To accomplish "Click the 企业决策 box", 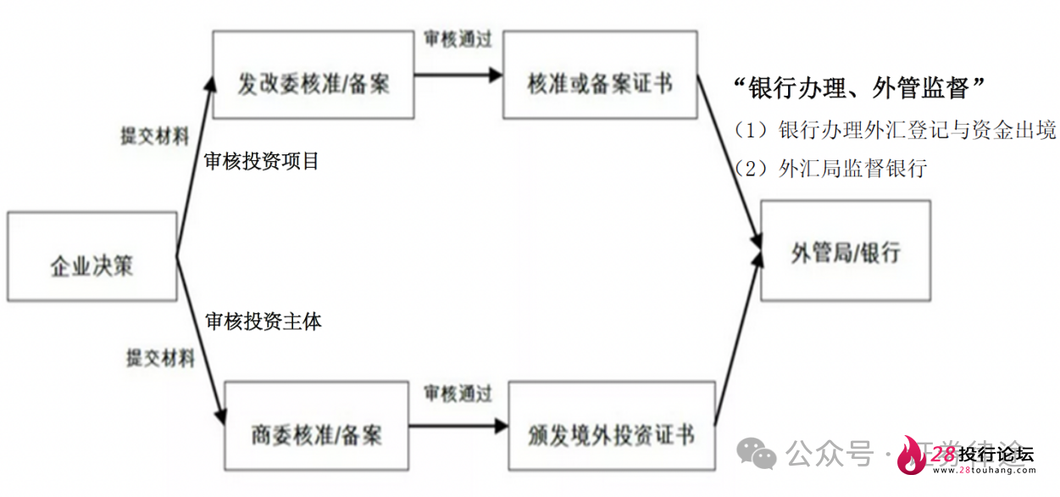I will (92, 256).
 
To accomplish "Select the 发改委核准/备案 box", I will (314, 75).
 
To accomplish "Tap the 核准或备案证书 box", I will (600, 75).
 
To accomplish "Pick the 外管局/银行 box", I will (845, 250).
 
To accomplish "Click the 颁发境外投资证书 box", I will (611, 426).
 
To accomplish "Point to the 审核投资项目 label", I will (262, 161).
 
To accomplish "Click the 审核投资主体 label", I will (264, 321).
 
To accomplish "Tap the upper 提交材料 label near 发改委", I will (155, 137).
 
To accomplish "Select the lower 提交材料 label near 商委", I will (160, 357).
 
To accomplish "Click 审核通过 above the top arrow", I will (458, 39).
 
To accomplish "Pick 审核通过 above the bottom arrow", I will (458, 394).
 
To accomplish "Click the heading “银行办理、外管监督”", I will (861, 87).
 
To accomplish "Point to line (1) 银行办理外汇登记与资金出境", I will (895, 130).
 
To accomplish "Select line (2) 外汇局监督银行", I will (830, 168).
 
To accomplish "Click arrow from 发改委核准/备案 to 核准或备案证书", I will (458, 75).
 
